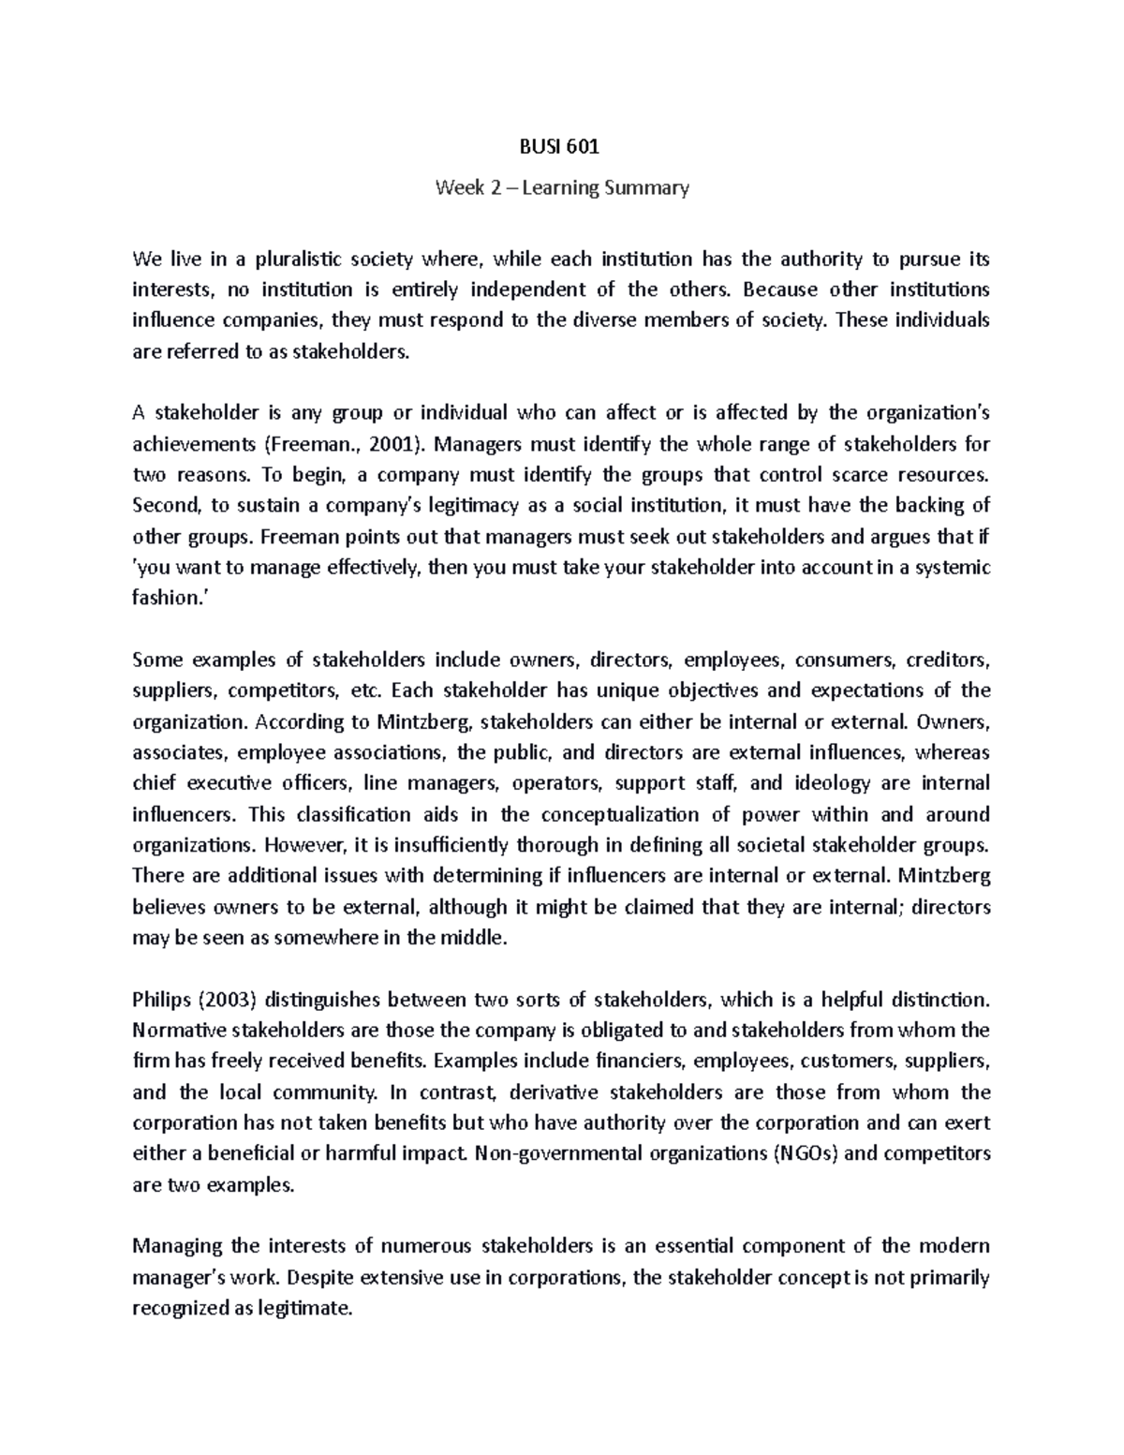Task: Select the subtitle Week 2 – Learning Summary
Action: (562, 187)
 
